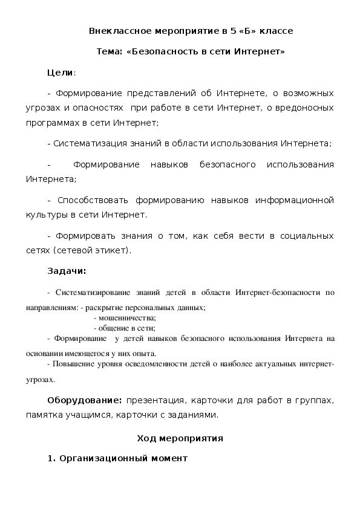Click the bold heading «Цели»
pyautogui.click(x=60, y=73)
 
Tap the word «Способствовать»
pyautogui.click(x=90, y=199)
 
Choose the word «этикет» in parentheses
pyautogui.click(x=112, y=249)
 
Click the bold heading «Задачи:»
pyautogui.click(x=67, y=270)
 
